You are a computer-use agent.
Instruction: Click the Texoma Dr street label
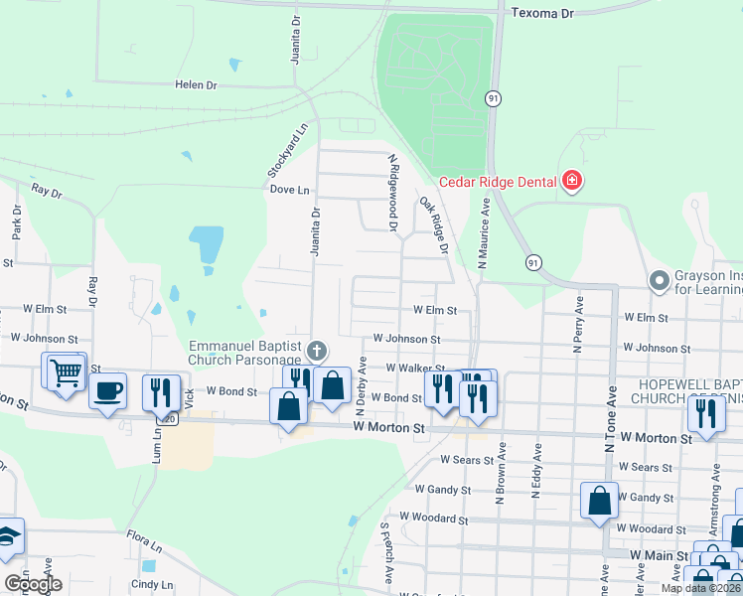tap(541, 14)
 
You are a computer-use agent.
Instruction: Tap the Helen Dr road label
tap(196, 85)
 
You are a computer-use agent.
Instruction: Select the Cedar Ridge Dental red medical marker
tap(571, 181)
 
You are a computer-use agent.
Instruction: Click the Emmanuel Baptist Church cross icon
tap(317, 350)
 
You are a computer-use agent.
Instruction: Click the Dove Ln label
tap(289, 189)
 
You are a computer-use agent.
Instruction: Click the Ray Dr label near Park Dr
tap(47, 189)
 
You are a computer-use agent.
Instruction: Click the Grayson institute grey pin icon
tap(658, 281)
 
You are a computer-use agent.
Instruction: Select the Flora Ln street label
tap(144, 542)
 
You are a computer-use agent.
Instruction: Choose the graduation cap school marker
tap(8, 536)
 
